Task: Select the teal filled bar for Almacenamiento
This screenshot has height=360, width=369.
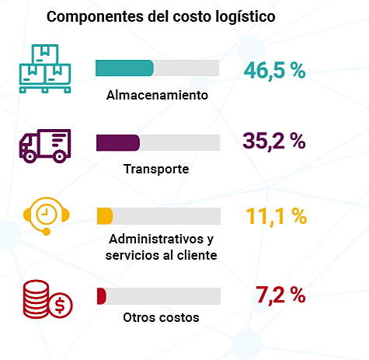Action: [124, 68]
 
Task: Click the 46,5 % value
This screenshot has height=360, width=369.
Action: [274, 70]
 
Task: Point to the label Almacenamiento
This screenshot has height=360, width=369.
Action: [158, 96]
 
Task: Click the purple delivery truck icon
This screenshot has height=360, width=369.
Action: [44, 145]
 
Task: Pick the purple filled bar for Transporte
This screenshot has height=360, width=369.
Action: [117, 142]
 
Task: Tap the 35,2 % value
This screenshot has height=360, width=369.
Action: [274, 141]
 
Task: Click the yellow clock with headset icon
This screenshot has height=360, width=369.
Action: [45, 215]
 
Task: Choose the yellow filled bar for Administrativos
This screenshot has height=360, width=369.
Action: [104, 215]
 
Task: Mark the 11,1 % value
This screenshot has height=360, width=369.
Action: [275, 216]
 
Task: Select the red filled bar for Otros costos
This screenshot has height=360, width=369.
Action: [100, 296]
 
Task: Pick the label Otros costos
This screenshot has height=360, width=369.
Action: [161, 317]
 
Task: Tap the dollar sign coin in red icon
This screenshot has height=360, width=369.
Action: [58, 306]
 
